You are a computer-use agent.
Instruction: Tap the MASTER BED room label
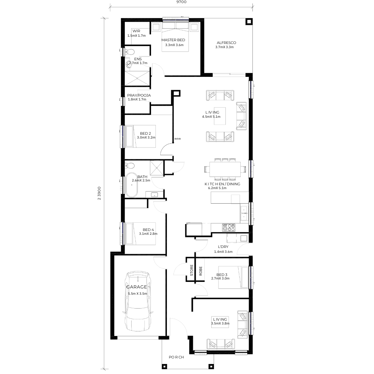[173, 40]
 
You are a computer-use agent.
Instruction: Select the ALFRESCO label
[226, 43]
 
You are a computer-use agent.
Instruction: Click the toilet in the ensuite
[130, 52]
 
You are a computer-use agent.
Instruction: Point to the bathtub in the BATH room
[132, 185]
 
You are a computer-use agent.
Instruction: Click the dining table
[225, 169]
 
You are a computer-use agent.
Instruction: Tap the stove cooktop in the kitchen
[229, 228]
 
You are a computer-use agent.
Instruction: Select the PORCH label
[176, 357]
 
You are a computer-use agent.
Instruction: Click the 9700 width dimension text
[181, 2]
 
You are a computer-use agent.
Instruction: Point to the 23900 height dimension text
[99, 193]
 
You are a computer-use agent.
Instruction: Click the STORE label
[192, 270]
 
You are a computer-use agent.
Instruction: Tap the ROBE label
[201, 271]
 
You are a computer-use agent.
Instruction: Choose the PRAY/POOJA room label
[139, 96]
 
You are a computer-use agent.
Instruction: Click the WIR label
[136, 31]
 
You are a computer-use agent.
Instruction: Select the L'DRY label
[223, 247]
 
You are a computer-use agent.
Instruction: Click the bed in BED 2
[141, 136]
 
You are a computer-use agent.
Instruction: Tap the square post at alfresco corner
[249, 22]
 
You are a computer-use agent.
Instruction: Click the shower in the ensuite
[137, 78]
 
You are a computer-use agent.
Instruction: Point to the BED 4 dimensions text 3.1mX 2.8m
[148, 234]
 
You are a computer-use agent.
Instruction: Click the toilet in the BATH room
[130, 165]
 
